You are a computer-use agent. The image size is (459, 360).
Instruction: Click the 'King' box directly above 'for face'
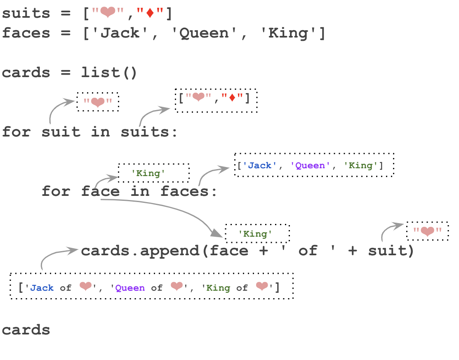coord(153,173)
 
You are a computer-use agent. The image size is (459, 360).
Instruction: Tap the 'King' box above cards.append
coord(257,234)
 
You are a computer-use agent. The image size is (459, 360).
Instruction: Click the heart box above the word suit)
coord(427,231)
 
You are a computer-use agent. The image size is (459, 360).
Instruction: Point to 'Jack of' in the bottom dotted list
coord(51,288)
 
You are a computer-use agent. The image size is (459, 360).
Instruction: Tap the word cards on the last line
coord(26,330)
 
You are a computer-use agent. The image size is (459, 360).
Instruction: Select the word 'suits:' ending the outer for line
coord(149,132)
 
